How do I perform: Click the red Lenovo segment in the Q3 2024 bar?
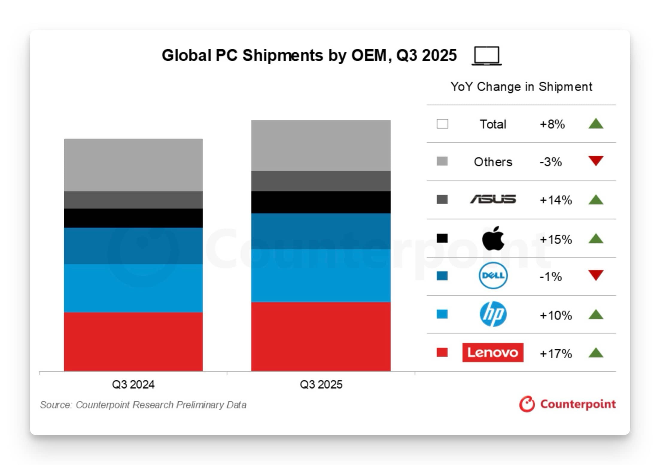tap(133, 341)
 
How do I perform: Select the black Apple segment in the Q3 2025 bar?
tap(321, 202)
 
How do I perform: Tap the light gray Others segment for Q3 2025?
tap(321, 145)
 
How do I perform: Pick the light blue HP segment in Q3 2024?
tap(133, 288)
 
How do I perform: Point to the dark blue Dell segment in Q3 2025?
tap(321, 231)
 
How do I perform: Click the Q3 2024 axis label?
tap(133, 384)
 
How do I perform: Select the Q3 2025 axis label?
tap(321, 384)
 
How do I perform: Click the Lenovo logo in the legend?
tap(493, 353)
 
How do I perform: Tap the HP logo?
tap(493, 314)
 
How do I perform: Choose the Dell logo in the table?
tap(493, 276)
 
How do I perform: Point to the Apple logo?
tap(493, 238)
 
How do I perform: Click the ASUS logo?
tap(493, 199)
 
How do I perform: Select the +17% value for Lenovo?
tap(556, 354)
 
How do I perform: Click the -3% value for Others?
tap(550, 162)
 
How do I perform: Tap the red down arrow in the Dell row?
tap(596, 275)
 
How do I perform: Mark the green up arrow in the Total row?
tap(596, 123)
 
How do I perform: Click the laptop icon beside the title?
tap(487, 56)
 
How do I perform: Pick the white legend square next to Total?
tap(442, 124)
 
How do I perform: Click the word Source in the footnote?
tap(56, 405)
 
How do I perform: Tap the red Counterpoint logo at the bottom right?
tap(567, 404)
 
